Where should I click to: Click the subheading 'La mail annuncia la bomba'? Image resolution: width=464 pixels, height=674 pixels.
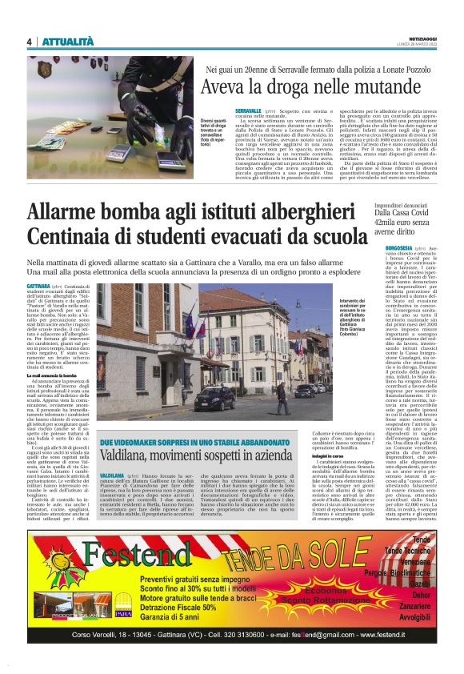coord(55,375)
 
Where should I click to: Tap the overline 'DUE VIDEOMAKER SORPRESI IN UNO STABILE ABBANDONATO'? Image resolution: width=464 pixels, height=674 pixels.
coord(178,442)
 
